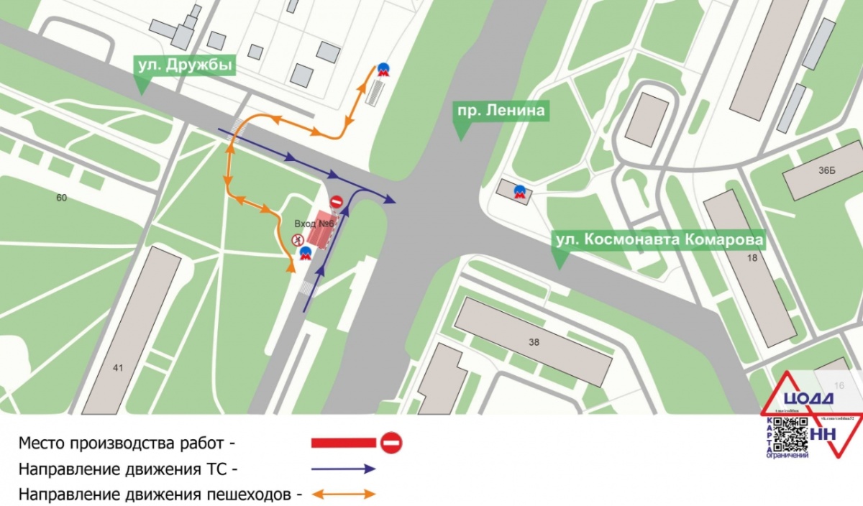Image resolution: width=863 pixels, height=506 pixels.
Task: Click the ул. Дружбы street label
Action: tap(186, 66)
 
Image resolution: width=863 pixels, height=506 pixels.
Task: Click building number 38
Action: tap(533, 342)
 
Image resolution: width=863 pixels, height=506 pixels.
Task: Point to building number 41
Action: tap(118, 368)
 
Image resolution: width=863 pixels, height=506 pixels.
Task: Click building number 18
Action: tap(753, 257)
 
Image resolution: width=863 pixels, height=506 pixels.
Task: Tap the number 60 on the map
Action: tap(61, 197)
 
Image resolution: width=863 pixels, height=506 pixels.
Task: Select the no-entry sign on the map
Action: tap(336, 202)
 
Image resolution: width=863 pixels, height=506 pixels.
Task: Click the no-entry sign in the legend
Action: tap(391, 443)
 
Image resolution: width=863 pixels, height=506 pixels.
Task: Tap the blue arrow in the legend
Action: tap(344, 469)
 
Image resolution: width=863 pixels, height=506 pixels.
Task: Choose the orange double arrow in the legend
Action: tap(344, 494)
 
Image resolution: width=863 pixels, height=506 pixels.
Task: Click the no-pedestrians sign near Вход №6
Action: tap(296, 240)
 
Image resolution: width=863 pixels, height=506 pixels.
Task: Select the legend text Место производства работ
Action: tap(127, 443)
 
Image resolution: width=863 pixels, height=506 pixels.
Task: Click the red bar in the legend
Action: tap(344, 443)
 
